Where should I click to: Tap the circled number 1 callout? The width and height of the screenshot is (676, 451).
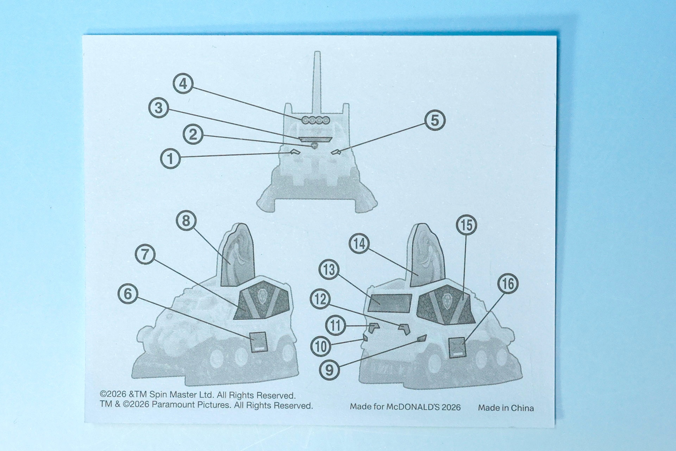[170, 159]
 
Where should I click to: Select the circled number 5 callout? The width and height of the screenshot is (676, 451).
[435, 120]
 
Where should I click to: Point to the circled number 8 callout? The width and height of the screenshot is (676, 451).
[186, 221]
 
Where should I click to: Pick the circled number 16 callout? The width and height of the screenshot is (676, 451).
[508, 284]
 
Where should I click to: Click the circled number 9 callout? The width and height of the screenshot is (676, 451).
[330, 370]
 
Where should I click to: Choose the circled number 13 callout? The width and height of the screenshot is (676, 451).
[329, 270]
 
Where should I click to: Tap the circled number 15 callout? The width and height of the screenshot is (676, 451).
[467, 225]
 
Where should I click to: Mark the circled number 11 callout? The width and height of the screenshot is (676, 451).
[335, 325]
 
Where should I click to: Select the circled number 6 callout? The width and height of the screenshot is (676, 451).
[128, 294]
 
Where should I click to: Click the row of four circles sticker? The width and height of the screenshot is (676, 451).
[315, 120]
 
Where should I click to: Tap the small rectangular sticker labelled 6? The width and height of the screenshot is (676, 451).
[258, 342]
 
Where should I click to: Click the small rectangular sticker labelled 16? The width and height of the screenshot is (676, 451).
[458, 347]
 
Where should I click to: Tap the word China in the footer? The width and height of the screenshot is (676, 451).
[522, 408]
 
